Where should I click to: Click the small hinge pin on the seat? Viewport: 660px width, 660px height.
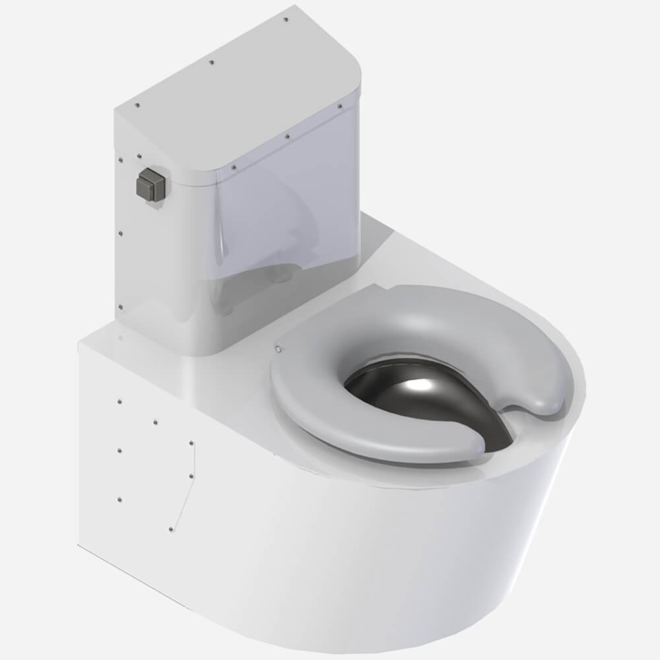[x=277, y=348]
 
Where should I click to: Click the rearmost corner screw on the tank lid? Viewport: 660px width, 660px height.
[x=285, y=20]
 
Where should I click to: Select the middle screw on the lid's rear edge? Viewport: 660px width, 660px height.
[x=211, y=63]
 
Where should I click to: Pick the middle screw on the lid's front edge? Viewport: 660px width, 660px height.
[x=287, y=137]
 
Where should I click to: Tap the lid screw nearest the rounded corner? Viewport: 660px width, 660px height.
[x=340, y=106]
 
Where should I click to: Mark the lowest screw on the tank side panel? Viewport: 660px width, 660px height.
[x=119, y=307]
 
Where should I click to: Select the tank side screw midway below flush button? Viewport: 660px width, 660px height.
[x=119, y=232]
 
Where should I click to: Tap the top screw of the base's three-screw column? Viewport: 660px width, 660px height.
[x=119, y=401]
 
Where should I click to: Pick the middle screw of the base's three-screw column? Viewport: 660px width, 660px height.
[x=119, y=450]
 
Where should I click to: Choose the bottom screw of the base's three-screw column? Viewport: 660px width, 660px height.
[x=119, y=499]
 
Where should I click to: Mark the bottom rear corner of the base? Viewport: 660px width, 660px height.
[x=79, y=545]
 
